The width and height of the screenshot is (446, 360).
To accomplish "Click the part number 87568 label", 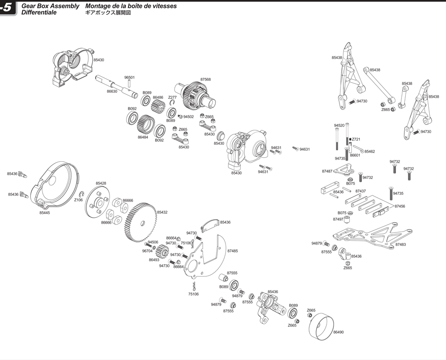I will click(x=206, y=79).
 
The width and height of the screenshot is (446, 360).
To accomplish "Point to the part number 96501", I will click(x=129, y=78).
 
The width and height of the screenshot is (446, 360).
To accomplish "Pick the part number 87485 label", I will click(x=232, y=251).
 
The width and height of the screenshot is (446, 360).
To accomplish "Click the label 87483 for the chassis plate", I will click(x=400, y=244).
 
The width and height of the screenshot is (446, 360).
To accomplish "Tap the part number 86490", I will click(x=338, y=332).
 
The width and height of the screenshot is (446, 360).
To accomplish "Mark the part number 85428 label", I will click(x=101, y=183).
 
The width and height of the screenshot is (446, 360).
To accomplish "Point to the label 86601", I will click(x=355, y=155).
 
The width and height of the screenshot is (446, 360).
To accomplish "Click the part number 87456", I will click(x=400, y=206).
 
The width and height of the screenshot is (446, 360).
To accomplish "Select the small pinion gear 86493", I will click(x=163, y=251).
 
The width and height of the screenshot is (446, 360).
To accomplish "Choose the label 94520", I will click(x=339, y=125).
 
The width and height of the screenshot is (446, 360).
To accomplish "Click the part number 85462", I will click(x=370, y=152).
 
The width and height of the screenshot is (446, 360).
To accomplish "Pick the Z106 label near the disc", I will click(x=78, y=200).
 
